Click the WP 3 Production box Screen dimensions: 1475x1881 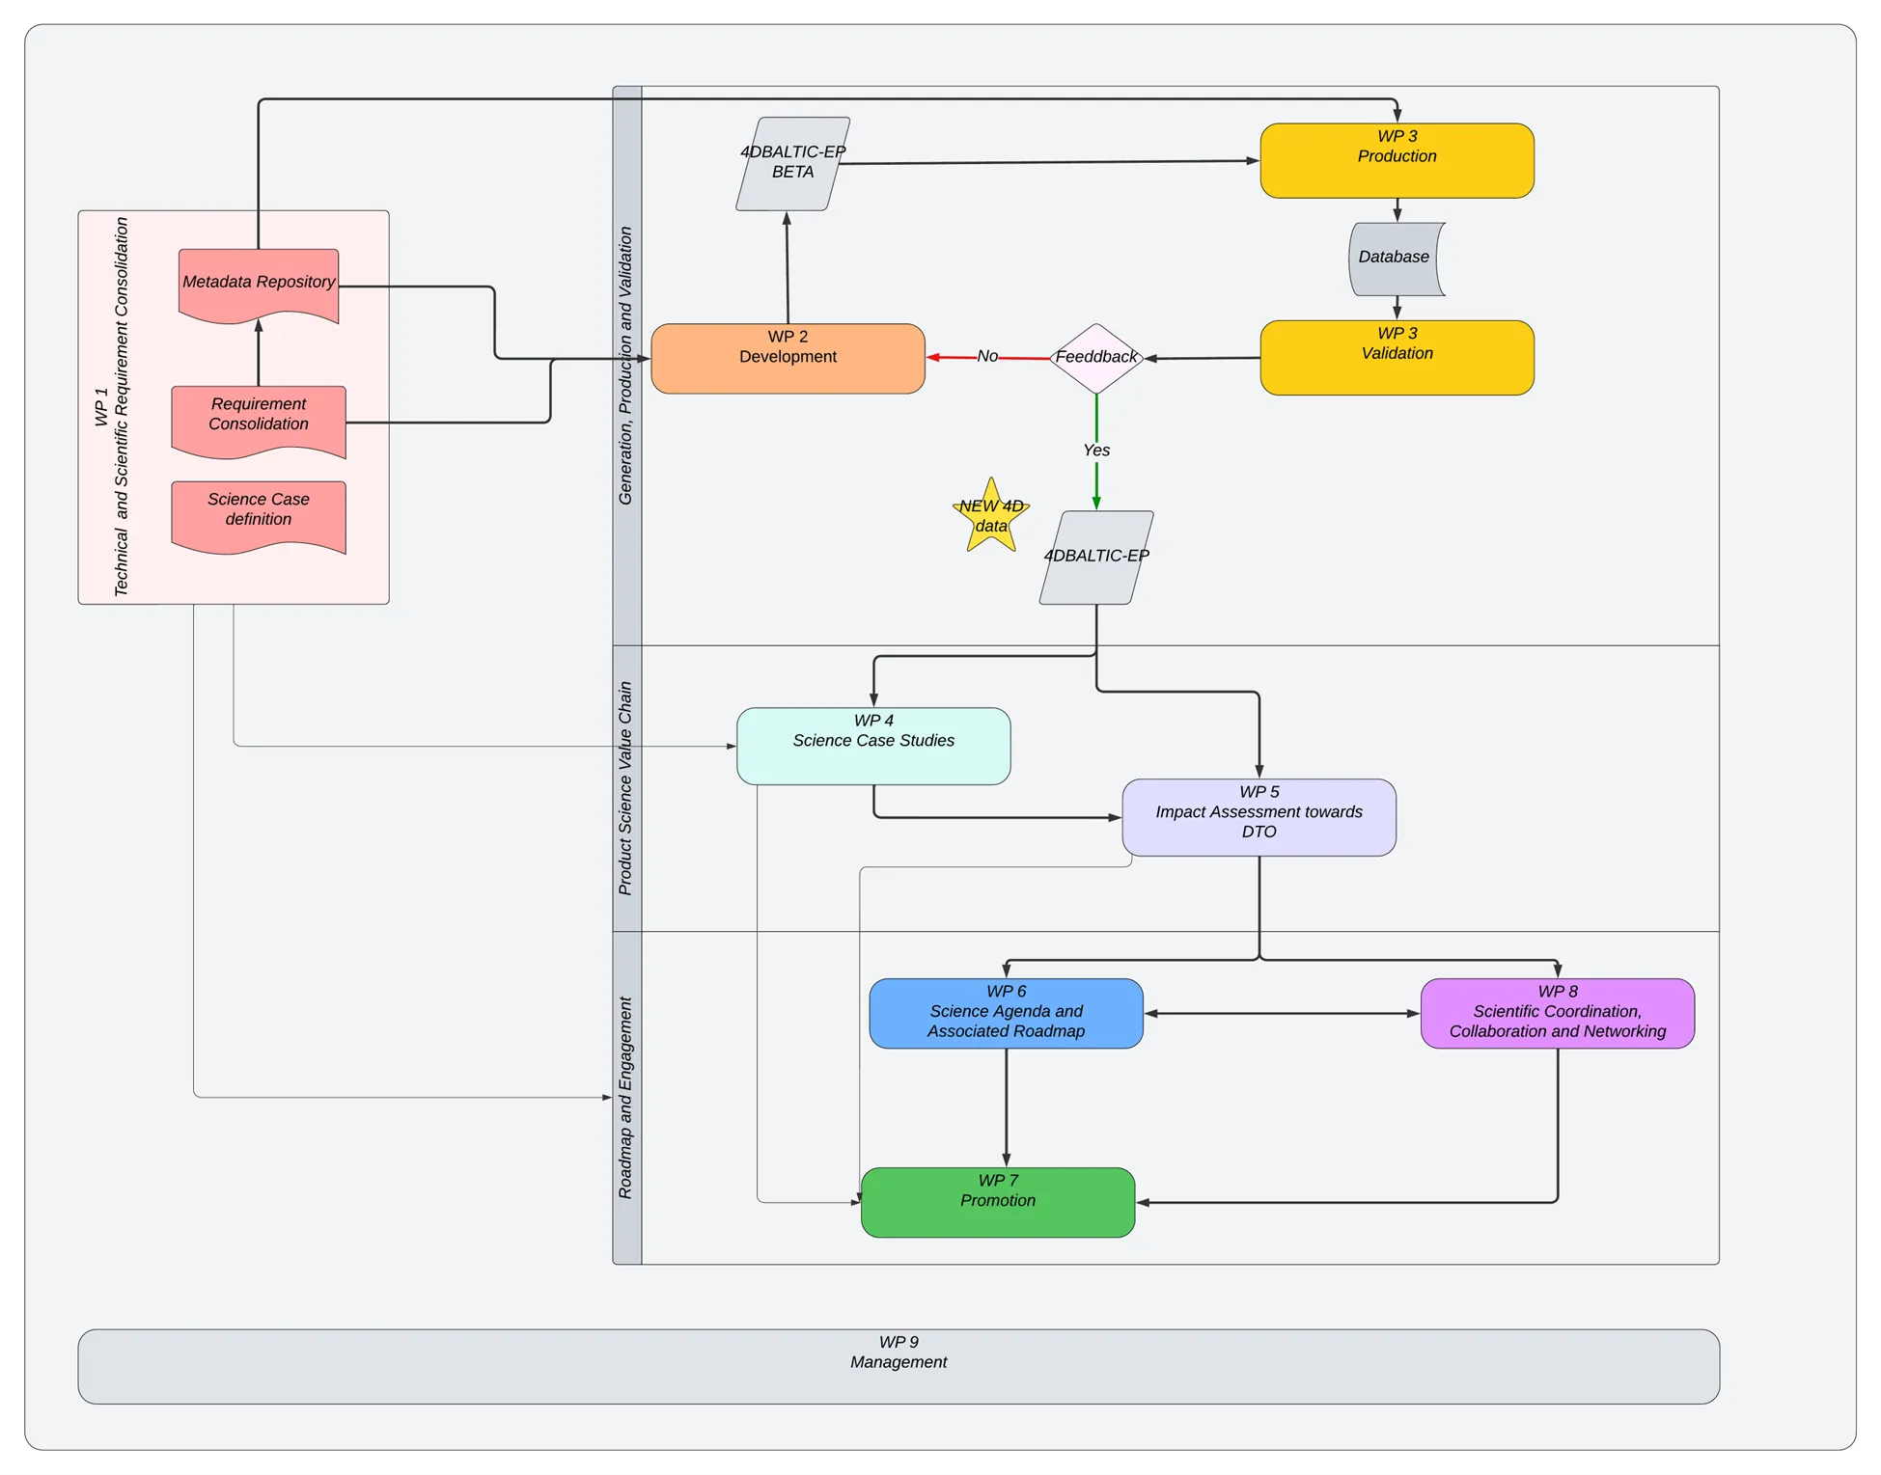point(1397,161)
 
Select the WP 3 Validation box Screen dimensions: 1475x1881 point(1397,358)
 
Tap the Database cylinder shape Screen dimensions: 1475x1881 point(1396,259)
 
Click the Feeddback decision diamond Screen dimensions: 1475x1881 point(1096,358)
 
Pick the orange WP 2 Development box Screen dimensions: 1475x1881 point(788,359)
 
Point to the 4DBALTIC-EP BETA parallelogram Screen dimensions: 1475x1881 point(792,163)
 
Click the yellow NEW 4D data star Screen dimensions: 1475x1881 point(991,517)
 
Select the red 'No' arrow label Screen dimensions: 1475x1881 point(987,356)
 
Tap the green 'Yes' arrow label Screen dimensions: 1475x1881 point(1096,451)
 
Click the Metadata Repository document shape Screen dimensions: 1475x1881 point(259,284)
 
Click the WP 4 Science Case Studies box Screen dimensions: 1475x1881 point(873,746)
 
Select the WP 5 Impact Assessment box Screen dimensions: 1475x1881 point(1259,817)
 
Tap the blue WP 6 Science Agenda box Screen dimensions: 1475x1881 point(1006,1013)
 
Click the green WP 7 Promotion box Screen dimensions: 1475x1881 point(998,1202)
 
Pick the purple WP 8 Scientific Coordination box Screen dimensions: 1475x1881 point(1557,1013)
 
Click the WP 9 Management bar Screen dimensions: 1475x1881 point(898,1366)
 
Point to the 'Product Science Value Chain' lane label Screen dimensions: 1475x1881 point(626,788)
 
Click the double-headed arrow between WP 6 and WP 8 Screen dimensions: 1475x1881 point(1282,1014)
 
